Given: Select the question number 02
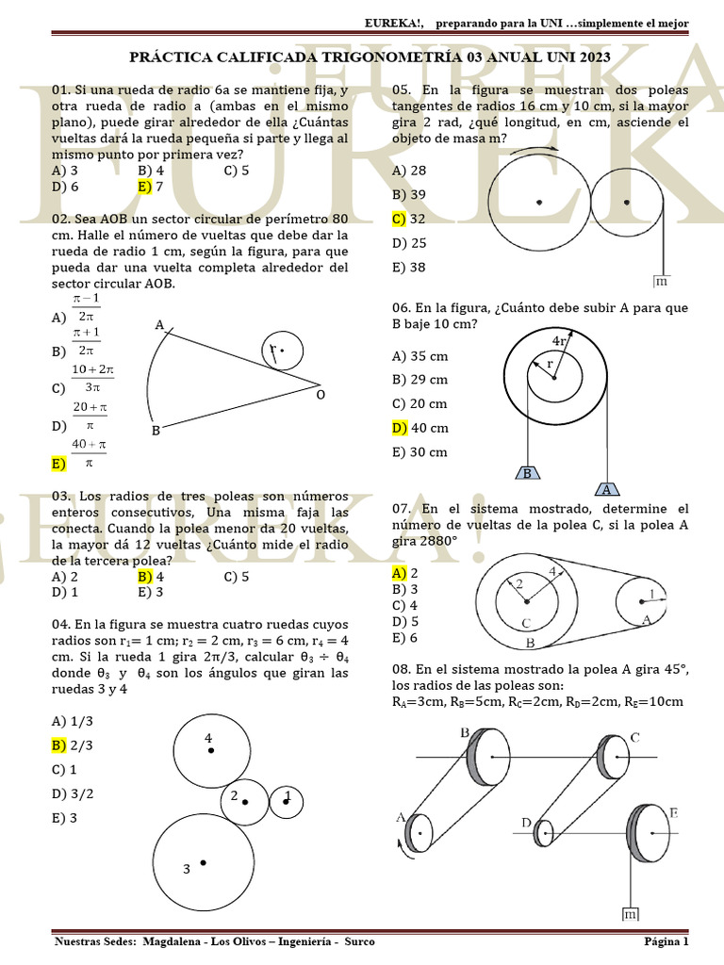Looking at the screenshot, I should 62,219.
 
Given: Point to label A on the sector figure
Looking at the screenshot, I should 159,325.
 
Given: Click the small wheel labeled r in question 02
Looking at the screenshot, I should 279,352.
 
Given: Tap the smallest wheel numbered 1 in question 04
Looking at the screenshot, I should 287,801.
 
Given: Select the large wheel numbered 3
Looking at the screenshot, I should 203,863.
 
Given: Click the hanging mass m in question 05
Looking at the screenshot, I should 661,281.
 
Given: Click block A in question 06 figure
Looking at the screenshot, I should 607,489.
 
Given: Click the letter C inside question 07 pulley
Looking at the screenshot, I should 526,623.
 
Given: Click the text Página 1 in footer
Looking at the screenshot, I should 666,941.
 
